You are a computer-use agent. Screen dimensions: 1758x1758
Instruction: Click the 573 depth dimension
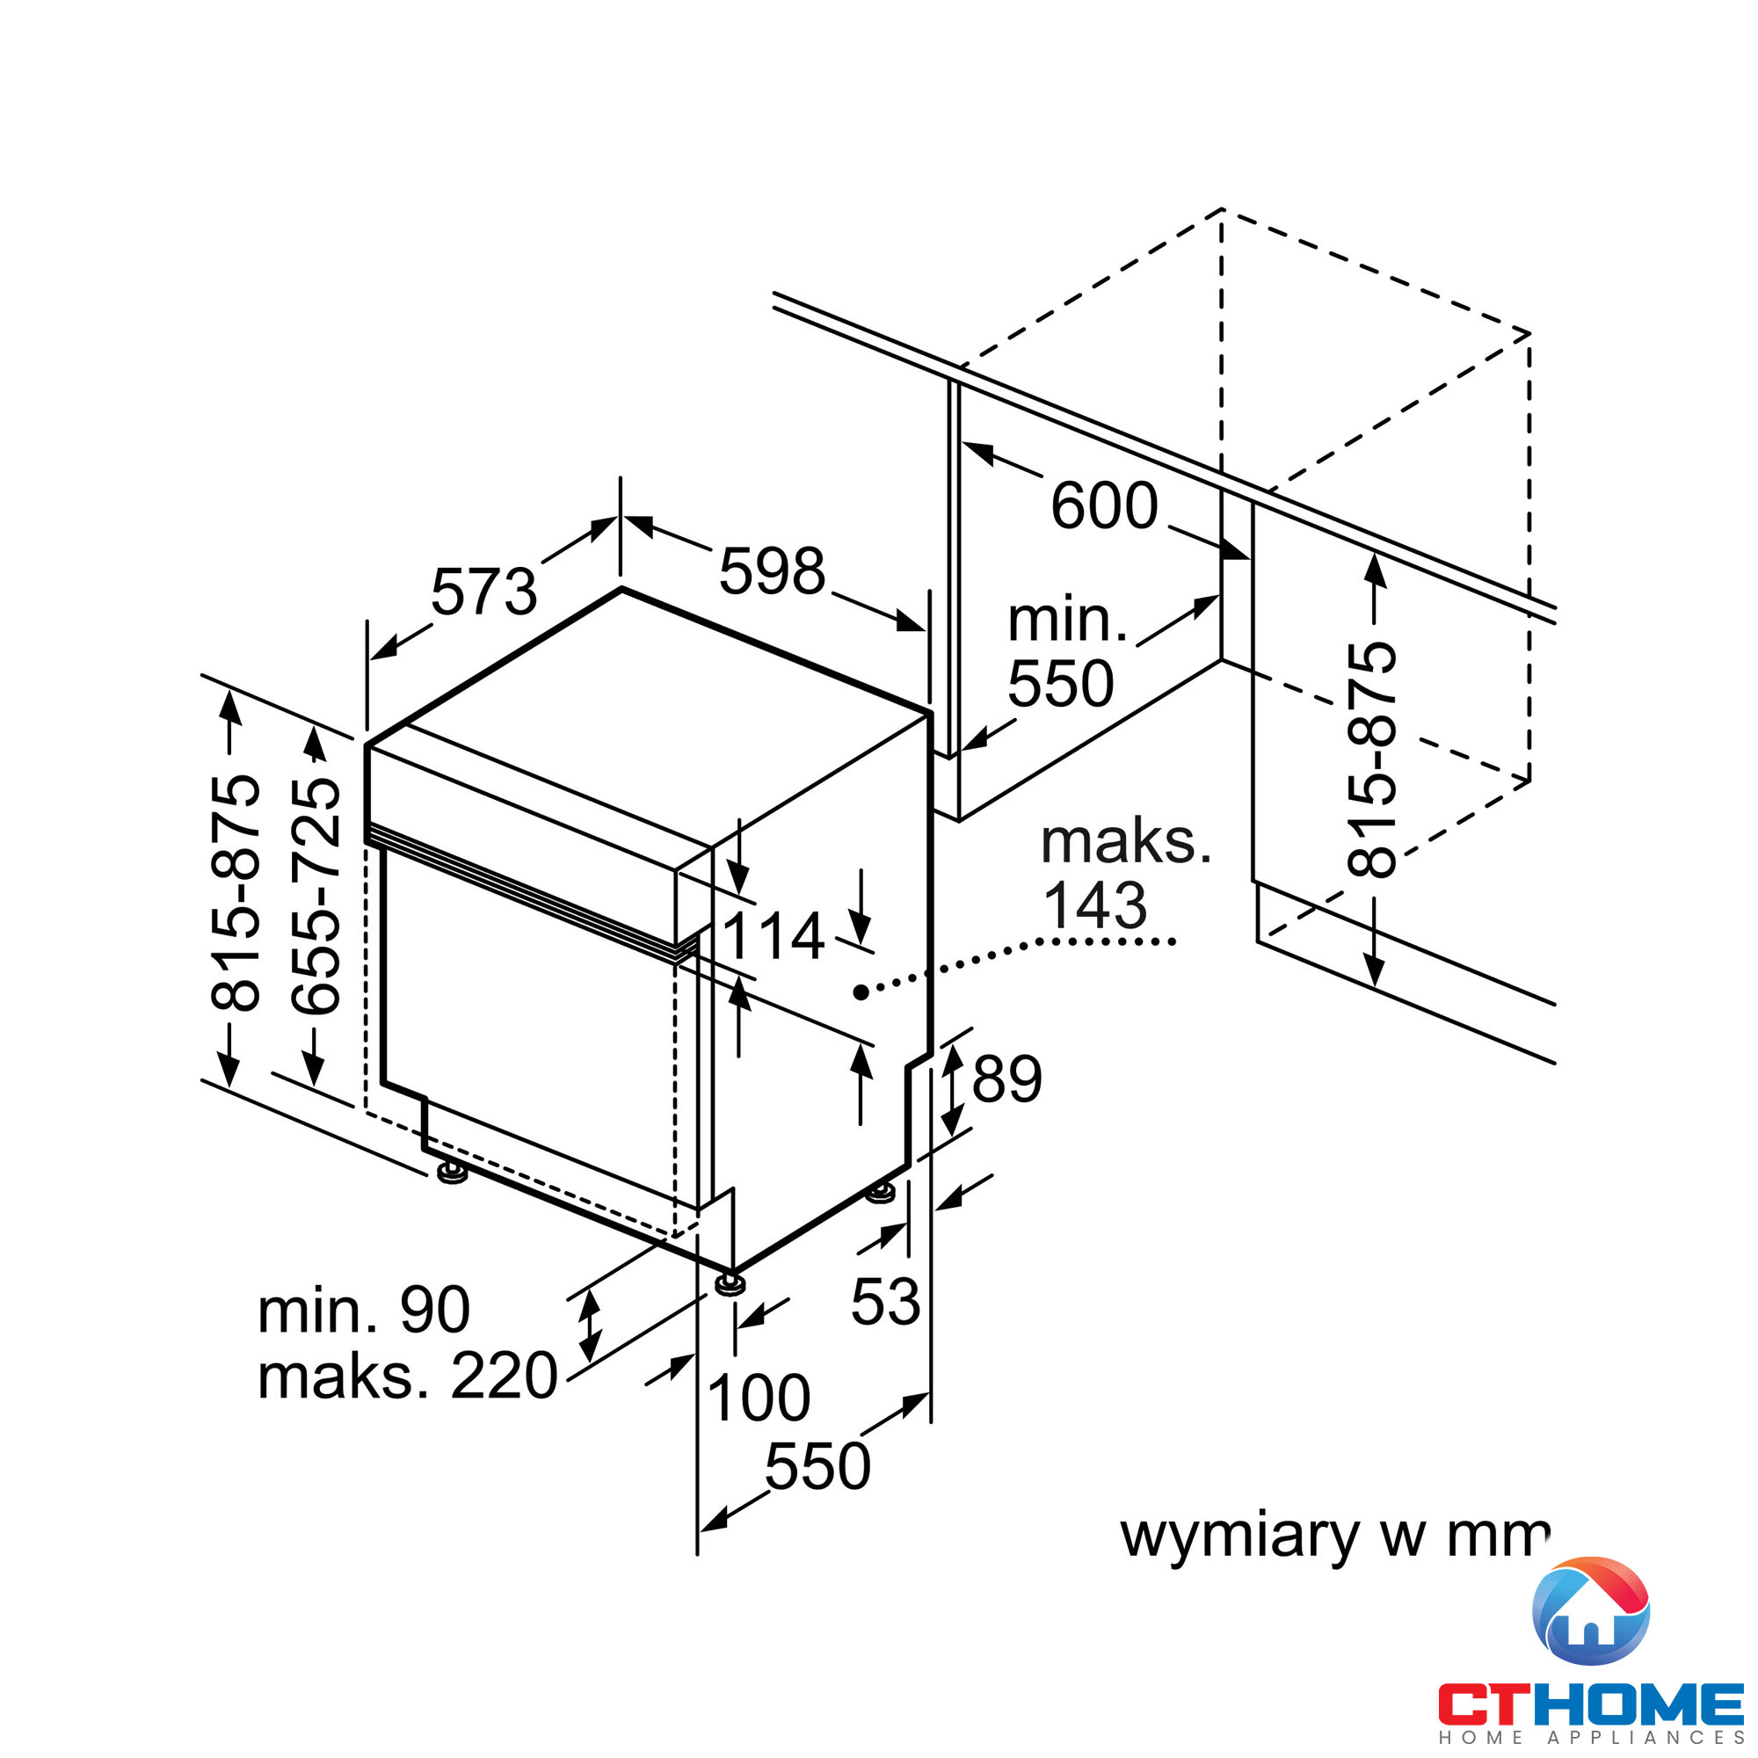coord(483,592)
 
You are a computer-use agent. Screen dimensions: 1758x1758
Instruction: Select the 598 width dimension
coord(772,572)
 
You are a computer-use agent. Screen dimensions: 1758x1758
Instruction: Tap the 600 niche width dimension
coord(1104,506)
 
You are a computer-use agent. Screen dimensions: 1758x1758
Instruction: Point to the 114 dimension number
coord(773,936)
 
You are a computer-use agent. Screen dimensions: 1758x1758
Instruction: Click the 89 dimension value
coord(1006,1079)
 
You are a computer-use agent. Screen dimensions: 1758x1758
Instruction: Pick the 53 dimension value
coord(885,1301)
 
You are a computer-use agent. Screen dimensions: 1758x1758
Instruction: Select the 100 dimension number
coord(758,1398)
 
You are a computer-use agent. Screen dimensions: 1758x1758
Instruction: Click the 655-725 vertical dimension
coord(316,896)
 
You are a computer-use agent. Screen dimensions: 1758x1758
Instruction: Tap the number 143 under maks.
coord(1094,905)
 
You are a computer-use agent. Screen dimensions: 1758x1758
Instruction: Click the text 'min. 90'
coord(364,1311)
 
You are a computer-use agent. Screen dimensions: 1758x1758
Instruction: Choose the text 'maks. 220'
coord(407,1376)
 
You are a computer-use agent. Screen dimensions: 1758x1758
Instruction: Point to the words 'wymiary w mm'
coord(1334,1535)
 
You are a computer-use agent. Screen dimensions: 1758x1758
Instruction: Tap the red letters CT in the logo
coord(1484,1704)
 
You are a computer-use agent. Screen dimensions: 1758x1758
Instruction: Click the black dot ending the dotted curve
coord(861,992)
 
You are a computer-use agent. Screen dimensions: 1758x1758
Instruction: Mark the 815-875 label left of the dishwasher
coord(236,894)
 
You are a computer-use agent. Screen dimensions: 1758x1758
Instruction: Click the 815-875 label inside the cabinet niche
coord(1371,759)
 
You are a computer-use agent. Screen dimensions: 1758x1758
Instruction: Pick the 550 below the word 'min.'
coord(1060,683)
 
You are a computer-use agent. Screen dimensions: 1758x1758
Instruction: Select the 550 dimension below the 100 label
coord(817,1466)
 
